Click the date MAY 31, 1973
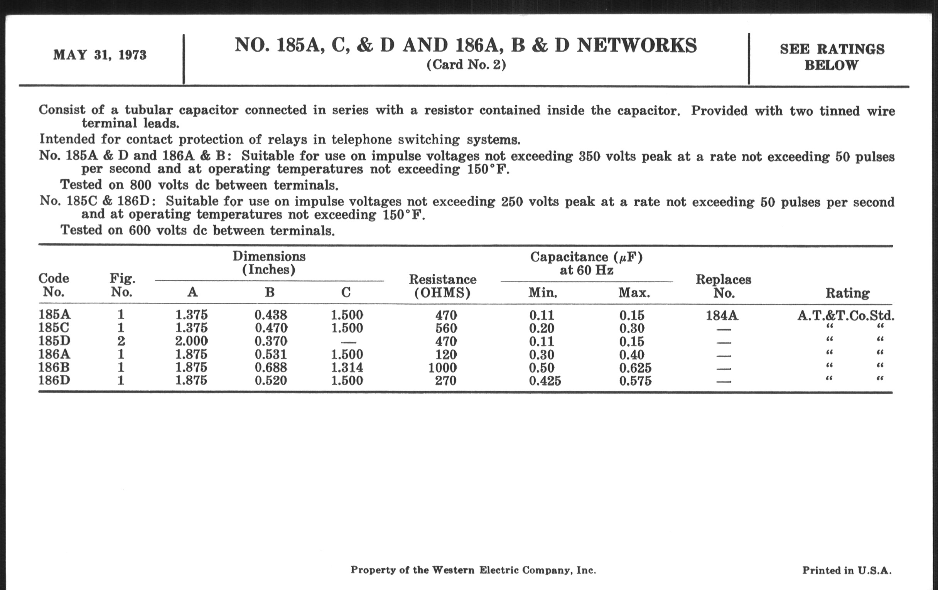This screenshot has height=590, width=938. (100, 55)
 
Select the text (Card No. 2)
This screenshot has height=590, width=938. (466, 65)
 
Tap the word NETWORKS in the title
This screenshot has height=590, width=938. (637, 46)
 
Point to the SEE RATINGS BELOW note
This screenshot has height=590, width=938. (832, 57)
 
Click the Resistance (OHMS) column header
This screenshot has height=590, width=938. (442, 286)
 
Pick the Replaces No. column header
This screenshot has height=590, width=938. (724, 286)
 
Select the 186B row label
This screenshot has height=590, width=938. (54, 367)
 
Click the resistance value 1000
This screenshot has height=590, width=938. (442, 367)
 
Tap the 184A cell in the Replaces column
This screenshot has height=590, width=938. (722, 315)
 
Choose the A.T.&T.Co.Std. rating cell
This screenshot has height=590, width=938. (846, 315)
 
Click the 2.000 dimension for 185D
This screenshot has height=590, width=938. (191, 341)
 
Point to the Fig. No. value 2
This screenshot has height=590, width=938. (121, 341)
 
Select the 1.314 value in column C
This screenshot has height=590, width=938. (347, 367)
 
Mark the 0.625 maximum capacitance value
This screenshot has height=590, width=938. (635, 368)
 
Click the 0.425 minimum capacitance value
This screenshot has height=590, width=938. (545, 381)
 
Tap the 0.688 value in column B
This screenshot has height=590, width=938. (271, 367)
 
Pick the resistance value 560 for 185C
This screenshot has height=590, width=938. (446, 328)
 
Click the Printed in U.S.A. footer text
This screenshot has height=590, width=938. (847, 571)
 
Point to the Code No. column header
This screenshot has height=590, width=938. (54, 285)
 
